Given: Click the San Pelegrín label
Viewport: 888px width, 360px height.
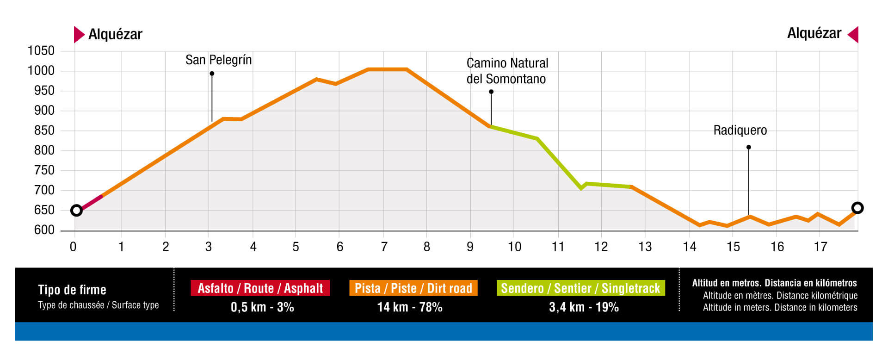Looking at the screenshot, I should pyautogui.click(x=218, y=60).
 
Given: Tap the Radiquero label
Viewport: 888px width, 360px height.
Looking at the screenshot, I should pyautogui.click(x=740, y=130).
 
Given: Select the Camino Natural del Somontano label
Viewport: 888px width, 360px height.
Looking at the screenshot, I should pyautogui.click(x=507, y=71).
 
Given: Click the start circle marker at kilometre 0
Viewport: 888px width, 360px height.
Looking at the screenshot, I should pyautogui.click(x=77, y=211).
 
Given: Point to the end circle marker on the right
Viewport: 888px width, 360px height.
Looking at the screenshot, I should pyautogui.click(x=857, y=208).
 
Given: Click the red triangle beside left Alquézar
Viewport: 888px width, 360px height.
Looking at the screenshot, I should pyautogui.click(x=79, y=34).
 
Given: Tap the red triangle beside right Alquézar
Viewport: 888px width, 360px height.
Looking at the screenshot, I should pyautogui.click(x=853, y=34).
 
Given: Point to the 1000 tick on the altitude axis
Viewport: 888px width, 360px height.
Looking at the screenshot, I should pyautogui.click(x=41, y=71).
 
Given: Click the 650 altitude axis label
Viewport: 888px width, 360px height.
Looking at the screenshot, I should pyautogui.click(x=44, y=210).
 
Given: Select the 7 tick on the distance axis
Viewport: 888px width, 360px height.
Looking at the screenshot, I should pyautogui.click(x=384, y=247).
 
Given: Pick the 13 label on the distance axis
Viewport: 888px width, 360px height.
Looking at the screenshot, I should pyautogui.click(x=645, y=247).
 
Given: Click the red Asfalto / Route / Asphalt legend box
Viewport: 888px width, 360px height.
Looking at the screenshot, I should pyautogui.click(x=260, y=288).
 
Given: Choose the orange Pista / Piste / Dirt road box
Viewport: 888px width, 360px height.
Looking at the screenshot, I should pyautogui.click(x=413, y=288).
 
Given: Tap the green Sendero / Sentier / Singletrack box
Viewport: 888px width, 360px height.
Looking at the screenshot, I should pyautogui.click(x=580, y=288).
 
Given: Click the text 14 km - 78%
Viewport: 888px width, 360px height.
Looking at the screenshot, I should pyautogui.click(x=410, y=307).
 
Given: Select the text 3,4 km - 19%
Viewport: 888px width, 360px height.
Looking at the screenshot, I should pyautogui.click(x=584, y=307).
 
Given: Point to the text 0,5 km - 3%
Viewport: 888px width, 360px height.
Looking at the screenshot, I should pyautogui.click(x=262, y=307).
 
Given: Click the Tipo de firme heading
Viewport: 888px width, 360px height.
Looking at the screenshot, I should pyautogui.click(x=72, y=290).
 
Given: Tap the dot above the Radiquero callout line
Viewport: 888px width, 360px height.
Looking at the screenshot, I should pyautogui.click(x=749, y=147).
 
